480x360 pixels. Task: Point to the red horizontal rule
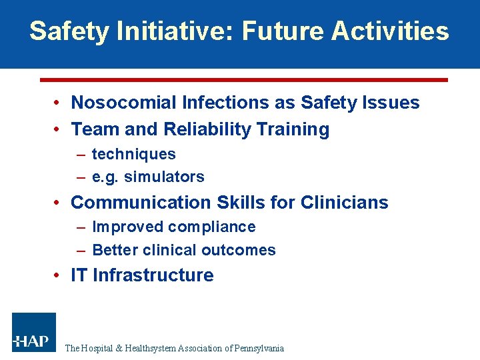pos(243,79)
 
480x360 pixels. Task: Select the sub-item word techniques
pos(133,155)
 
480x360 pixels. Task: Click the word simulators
pos(164,177)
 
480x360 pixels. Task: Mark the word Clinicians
pos(344,203)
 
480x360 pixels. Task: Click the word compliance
pos(211,227)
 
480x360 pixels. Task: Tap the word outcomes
pos(241,251)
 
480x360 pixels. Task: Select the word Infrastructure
pos(153,275)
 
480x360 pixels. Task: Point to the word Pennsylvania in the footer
pos(259,348)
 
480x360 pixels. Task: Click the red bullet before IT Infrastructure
pos(59,275)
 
